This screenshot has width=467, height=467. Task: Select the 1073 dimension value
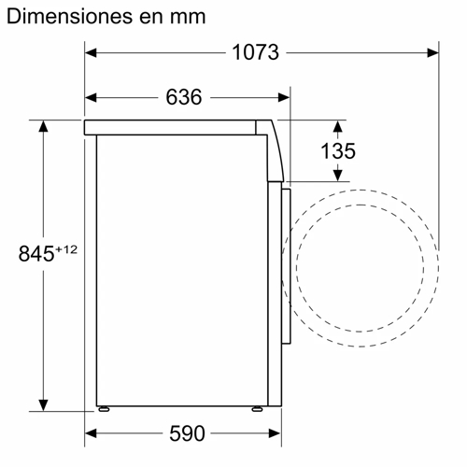(x=255, y=53)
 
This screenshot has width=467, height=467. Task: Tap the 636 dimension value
(x=185, y=97)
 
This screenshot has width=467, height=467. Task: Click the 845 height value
(x=35, y=252)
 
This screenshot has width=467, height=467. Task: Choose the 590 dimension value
(x=185, y=434)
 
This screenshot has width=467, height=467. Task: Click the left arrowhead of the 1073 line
(x=91, y=53)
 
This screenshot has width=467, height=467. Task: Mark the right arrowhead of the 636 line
(x=284, y=96)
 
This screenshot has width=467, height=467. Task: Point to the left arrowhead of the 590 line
(x=91, y=434)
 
